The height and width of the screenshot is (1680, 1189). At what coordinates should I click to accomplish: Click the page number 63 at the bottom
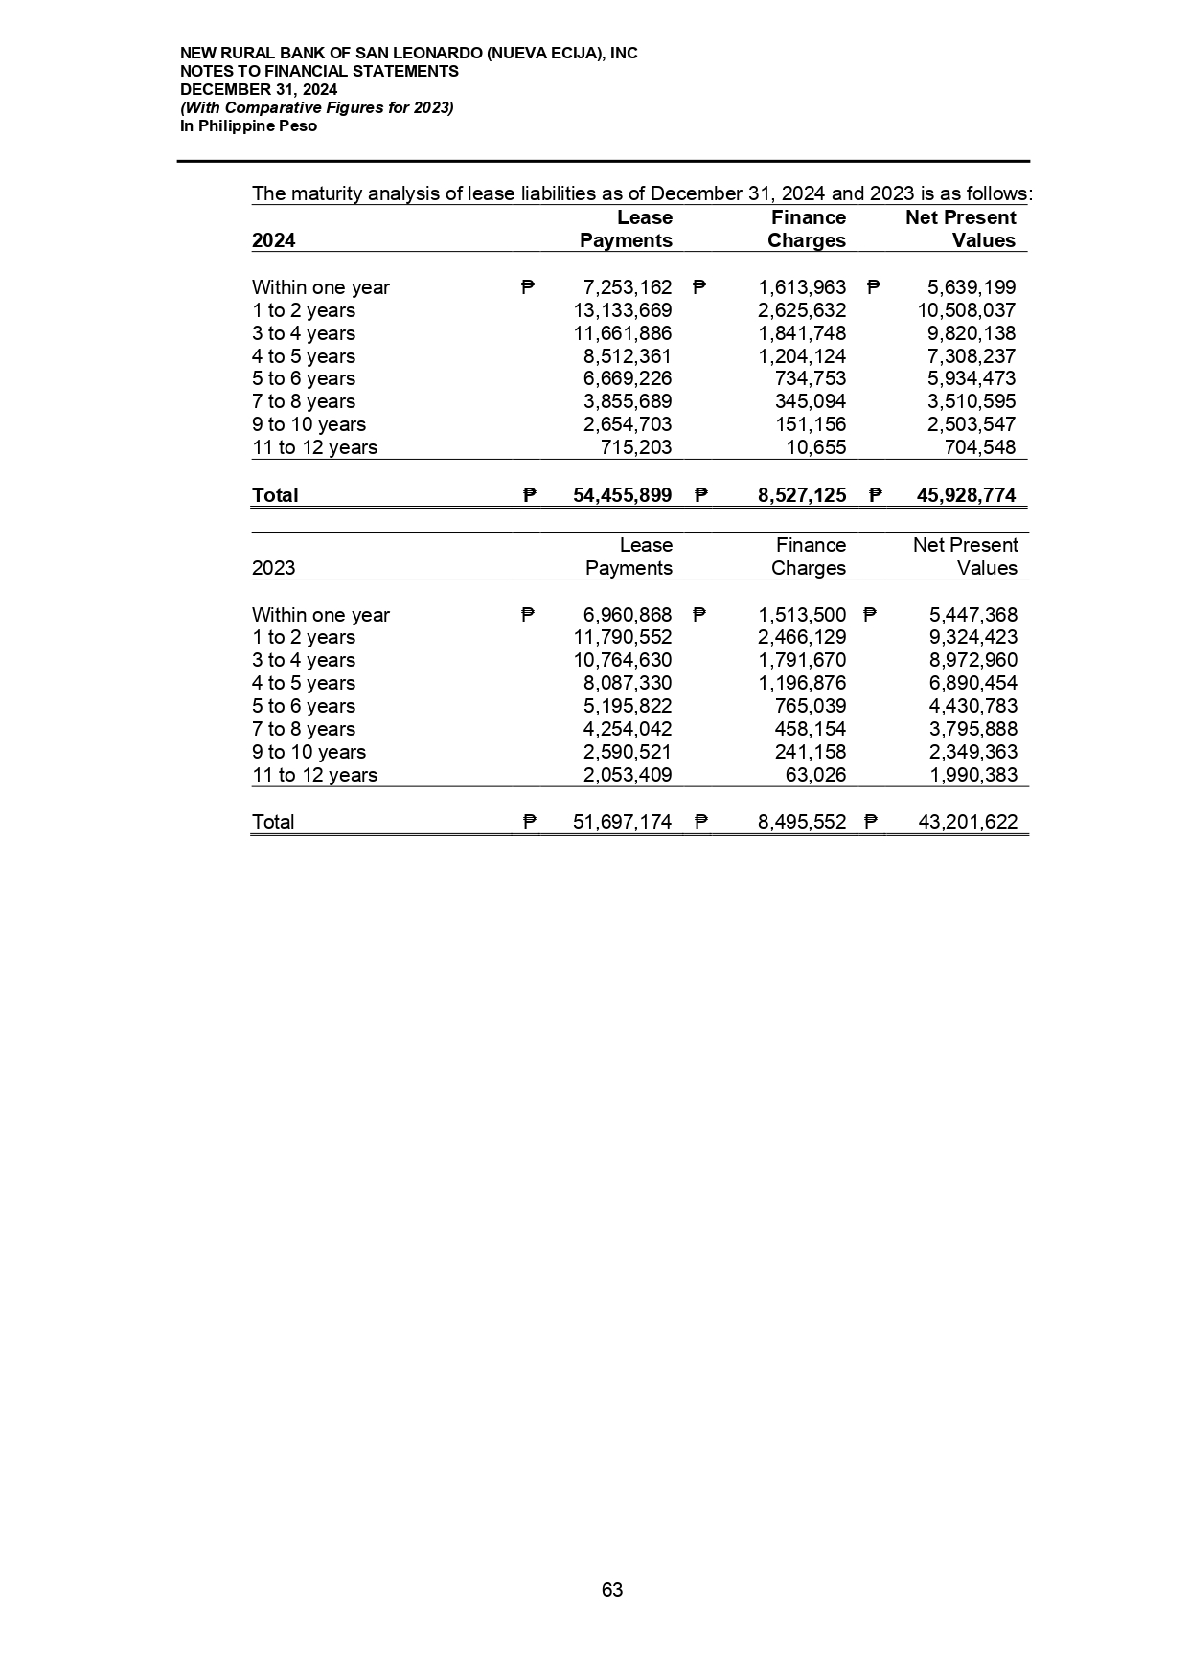[611, 1590]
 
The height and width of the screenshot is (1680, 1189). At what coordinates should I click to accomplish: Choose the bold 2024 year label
[273, 240]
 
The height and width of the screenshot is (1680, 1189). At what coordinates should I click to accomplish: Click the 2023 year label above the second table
[273, 568]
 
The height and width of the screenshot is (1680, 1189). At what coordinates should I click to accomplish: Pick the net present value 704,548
[980, 447]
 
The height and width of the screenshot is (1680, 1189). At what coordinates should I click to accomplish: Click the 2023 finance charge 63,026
[815, 775]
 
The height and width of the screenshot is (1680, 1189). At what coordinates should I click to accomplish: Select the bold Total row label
[275, 495]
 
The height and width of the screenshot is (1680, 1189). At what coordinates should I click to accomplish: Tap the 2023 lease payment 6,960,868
[628, 615]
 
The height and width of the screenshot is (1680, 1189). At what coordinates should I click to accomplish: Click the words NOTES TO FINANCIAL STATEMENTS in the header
[319, 71]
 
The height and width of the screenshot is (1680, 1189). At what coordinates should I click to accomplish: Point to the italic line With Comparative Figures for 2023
[316, 107]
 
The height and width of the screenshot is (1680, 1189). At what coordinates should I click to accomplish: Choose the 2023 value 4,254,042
[628, 729]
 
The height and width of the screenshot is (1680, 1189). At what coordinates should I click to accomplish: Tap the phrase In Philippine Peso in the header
[248, 125]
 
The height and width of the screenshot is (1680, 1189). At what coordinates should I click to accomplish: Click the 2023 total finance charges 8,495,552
[802, 822]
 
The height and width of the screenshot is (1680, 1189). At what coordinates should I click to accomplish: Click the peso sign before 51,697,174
[528, 822]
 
